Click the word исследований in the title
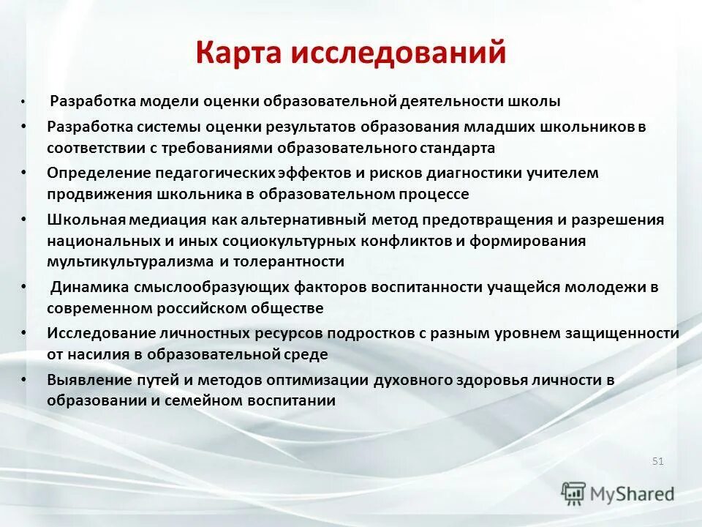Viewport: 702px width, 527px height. [x=399, y=53]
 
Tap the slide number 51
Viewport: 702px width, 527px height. [x=657, y=461]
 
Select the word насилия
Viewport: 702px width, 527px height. [x=94, y=354]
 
